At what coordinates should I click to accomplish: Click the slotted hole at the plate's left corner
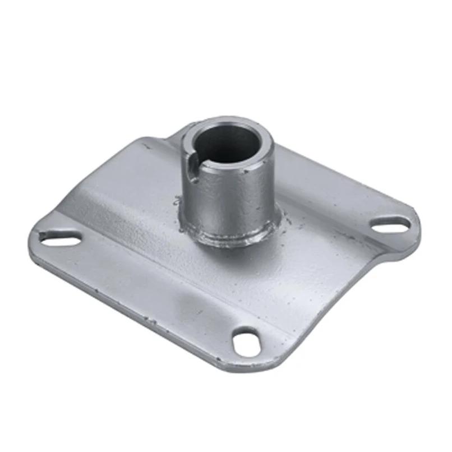(58, 238)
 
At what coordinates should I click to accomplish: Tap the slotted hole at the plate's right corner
(391, 224)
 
